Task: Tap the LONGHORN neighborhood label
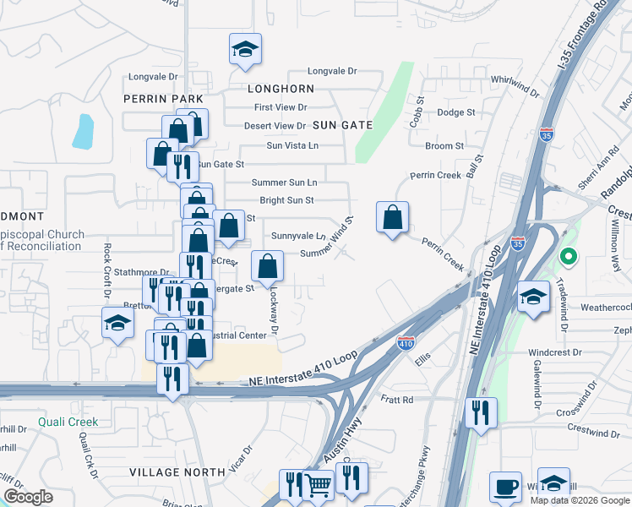pyautogui.click(x=281, y=88)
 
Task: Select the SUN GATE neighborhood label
pyautogui.click(x=342, y=125)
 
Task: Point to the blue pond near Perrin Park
pyautogui.click(x=84, y=131)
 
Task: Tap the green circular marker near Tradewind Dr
pyautogui.click(x=569, y=255)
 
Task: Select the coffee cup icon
pyautogui.click(x=505, y=486)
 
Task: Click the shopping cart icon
pyautogui.click(x=318, y=485)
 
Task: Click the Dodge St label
pyautogui.click(x=456, y=112)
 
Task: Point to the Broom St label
pyautogui.click(x=444, y=146)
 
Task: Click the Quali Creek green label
pyautogui.click(x=68, y=422)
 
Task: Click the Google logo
pyautogui.click(x=29, y=497)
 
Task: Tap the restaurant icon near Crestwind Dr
pyautogui.click(x=481, y=412)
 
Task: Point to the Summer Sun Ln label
pyautogui.click(x=284, y=183)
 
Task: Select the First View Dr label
pyautogui.click(x=281, y=107)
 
